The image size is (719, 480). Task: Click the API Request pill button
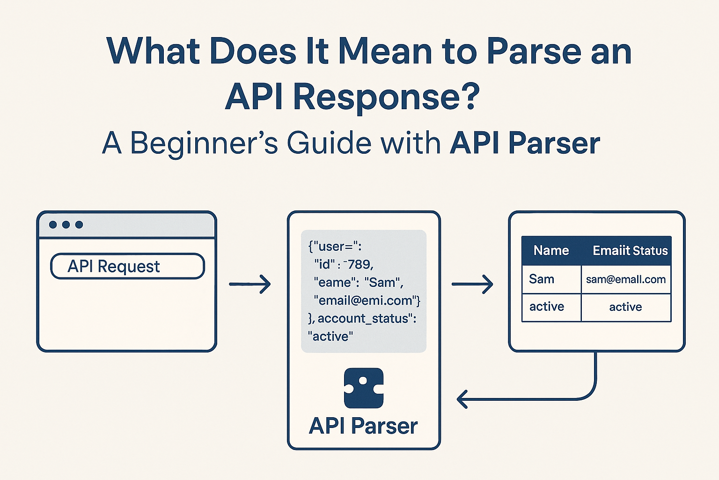click(x=127, y=266)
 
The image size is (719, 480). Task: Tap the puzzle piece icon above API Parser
click(x=364, y=388)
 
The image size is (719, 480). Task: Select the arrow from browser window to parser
click(x=250, y=284)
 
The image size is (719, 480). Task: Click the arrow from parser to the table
click(x=472, y=284)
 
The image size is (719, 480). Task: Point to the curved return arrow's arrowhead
click(x=462, y=399)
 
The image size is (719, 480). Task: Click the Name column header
click(x=551, y=251)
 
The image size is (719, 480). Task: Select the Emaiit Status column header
click(x=630, y=251)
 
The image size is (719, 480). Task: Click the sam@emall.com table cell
click(x=625, y=279)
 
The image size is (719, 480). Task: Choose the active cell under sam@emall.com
click(x=625, y=307)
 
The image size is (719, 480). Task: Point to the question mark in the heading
click(x=470, y=97)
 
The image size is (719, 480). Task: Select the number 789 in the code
click(x=359, y=264)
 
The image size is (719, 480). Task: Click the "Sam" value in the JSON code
click(x=383, y=283)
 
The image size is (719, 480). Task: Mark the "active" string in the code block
click(x=330, y=337)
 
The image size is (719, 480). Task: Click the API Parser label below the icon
click(x=363, y=426)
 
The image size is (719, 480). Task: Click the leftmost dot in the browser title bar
click(x=53, y=225)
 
